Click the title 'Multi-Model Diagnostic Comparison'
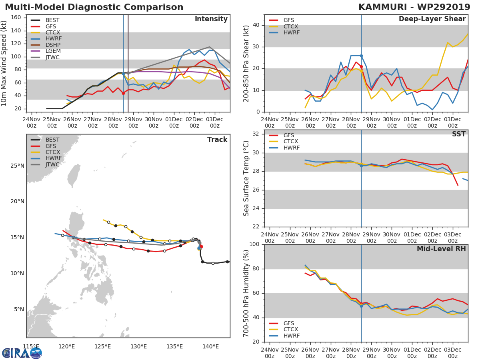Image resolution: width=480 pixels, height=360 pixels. tap(94, 7)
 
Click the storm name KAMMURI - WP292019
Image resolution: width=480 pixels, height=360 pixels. tap(414, 7)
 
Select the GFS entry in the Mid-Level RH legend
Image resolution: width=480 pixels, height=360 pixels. tap(288, 323)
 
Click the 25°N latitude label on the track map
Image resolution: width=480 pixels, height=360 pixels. tap(17, 166)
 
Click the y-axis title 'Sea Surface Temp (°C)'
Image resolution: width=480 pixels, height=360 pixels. tap(246, 178)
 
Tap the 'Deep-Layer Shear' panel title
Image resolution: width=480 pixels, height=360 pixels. tap(432, 19)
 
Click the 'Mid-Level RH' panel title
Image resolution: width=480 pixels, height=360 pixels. tap(441, 249)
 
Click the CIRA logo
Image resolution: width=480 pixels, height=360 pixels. tap(22, 353)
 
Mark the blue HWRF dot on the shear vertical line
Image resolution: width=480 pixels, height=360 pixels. tap(361, 56)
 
